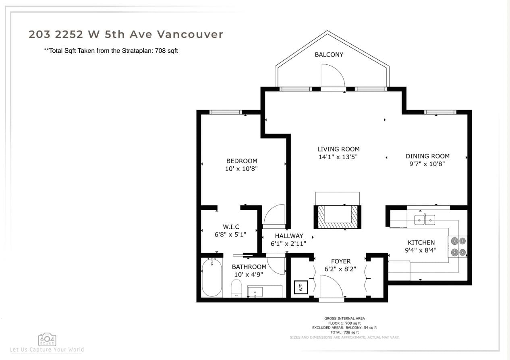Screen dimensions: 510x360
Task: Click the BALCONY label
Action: [x=329, y=55]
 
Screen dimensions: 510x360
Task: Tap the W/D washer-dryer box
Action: [x=301, y=287]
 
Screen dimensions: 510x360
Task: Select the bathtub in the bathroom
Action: [x=212, y=277]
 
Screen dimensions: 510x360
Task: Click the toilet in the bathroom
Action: [x=236, y=288]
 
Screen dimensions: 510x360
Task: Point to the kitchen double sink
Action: [x=425, y=220]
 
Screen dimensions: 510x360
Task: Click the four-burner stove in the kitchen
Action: [x=458, y=247]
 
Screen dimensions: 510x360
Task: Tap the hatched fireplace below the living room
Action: [x=338, y=217]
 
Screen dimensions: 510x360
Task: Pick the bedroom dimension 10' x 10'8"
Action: [x=241, y=169]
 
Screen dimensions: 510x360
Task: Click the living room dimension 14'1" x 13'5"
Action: [x=338, y=157]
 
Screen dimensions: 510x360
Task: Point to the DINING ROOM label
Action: [x=427, y=156]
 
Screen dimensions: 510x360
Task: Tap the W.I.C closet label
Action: [x=231, y=227]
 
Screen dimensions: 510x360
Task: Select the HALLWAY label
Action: [x=289, y=236]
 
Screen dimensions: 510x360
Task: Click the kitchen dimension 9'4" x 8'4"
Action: [x=421, y=250]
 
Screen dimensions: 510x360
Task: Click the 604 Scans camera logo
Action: [x=47, y=339]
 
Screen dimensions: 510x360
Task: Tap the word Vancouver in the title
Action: [x=190, y=34]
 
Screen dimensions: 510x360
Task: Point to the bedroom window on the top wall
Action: [x=226, y=112]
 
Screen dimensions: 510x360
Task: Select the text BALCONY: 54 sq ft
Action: [x=361, y=328]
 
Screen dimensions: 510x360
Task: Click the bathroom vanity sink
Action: [x=255, y=292]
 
